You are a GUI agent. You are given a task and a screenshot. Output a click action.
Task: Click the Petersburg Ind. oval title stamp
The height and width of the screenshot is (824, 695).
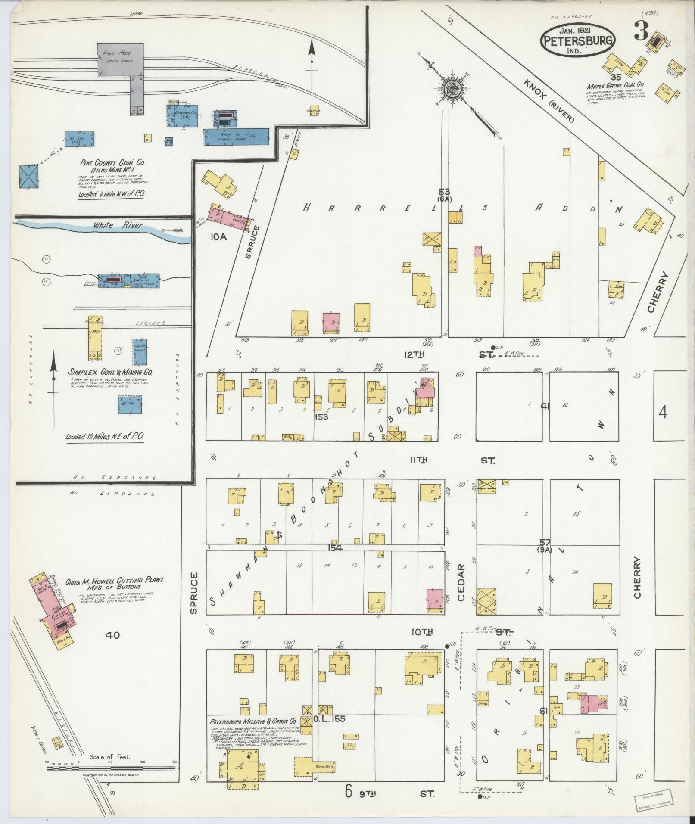click(x=578, y=40)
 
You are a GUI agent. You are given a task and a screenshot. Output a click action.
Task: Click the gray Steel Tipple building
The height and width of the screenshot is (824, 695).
click(x=120, y=59)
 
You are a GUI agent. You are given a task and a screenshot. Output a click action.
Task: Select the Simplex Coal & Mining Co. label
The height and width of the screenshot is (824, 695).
click(x=110, y=372)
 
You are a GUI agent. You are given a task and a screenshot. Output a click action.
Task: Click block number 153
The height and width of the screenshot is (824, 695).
click(x=321, y=417)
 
